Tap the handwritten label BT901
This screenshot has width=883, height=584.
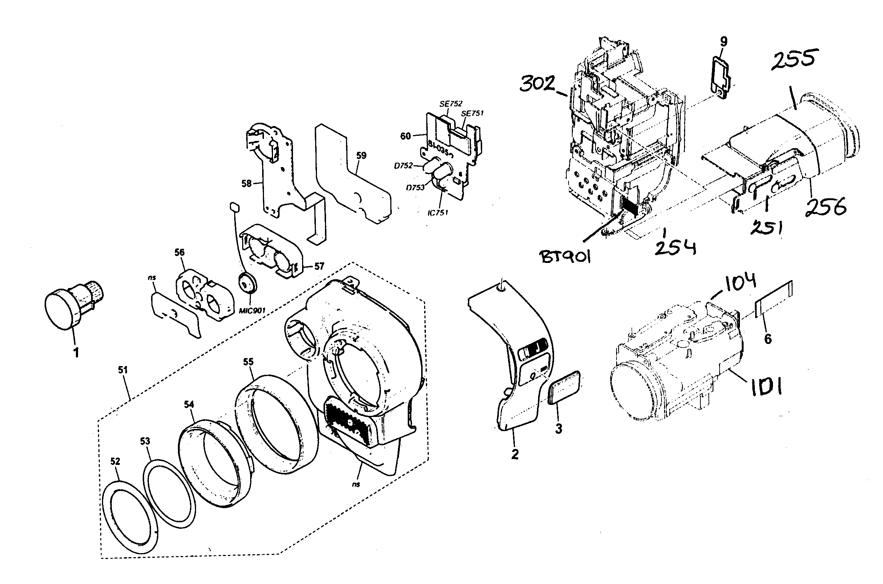(x=565, y=256)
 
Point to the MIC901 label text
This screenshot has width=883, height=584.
(x=252, y=310)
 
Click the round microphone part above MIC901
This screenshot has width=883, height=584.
(x=246, y=283)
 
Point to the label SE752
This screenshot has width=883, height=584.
(x=451, y=104)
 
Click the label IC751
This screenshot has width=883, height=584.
(x=438, y=213)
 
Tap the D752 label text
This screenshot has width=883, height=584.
(x=403, y=166)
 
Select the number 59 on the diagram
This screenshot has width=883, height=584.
(x=361, y=156)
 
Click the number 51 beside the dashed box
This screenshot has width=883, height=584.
(x=123, y=370)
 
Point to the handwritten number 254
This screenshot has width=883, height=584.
(x=675, y=248)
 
